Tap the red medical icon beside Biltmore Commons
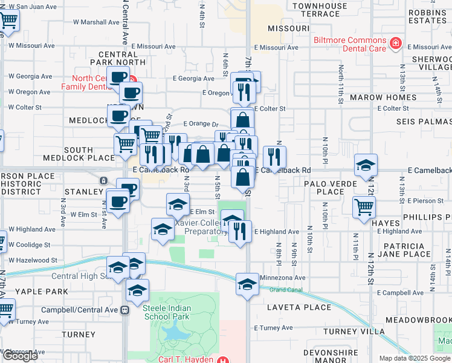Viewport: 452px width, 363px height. (x=395, y=43)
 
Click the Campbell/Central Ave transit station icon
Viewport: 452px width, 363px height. (x=125, y=310)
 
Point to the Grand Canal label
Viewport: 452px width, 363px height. (x=286, y=290)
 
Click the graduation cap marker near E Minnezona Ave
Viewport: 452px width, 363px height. (x=247, y=284)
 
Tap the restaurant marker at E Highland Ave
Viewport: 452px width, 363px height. (x=240, y=231)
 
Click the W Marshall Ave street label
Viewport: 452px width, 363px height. (x=96, y=22)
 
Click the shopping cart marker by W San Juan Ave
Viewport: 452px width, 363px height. (x=8, y=20)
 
